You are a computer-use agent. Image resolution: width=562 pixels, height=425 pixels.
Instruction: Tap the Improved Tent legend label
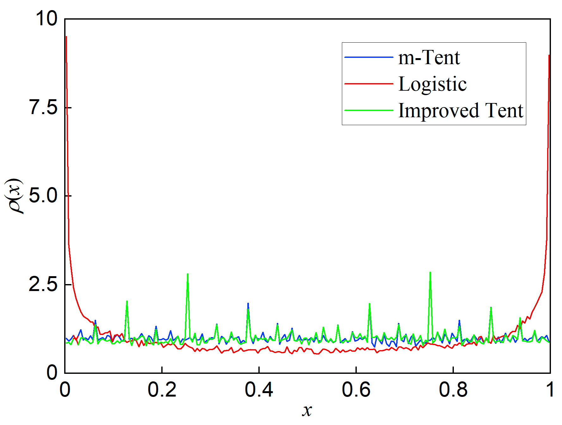(460, 111)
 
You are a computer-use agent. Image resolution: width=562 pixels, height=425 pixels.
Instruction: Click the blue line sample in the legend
(368, 57)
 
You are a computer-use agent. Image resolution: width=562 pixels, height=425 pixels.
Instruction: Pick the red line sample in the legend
(368, 84)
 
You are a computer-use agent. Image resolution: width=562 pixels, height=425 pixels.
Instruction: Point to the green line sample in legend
(368, 110)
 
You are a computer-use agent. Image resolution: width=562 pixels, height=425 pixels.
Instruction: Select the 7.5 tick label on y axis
(43, 107)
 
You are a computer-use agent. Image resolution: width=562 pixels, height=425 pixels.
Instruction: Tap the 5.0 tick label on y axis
(43, 196)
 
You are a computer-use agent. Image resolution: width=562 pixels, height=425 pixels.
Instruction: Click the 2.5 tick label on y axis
(43, 284)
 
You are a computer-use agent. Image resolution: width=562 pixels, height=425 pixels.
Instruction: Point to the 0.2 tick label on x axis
(162, 389)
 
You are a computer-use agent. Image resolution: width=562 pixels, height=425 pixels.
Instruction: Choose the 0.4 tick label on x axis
(259, 389)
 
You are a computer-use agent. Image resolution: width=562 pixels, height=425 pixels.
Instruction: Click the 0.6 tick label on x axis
(356, 389)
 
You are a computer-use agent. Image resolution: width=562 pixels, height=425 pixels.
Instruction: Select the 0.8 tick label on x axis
(453, 389)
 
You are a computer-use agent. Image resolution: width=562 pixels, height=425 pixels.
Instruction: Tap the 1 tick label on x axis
(550, 389)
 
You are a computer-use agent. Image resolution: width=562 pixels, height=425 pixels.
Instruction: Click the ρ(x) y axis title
(14, 196)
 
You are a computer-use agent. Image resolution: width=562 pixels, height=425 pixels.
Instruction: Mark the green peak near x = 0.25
(188, 274)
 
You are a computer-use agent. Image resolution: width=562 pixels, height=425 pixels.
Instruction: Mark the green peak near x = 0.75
(430, 273)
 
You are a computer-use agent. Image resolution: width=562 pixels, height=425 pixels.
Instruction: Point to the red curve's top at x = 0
(66, 37)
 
